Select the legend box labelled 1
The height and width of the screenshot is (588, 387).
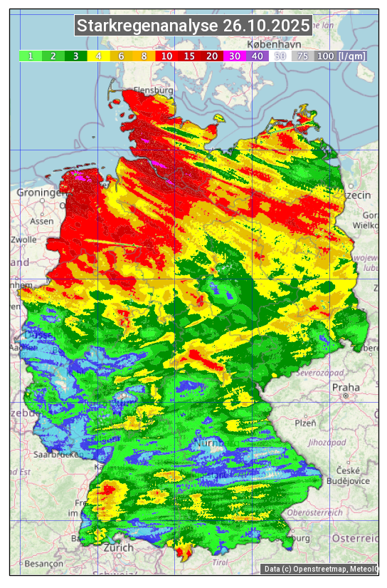coord(31,56)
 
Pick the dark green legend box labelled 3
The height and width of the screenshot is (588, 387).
coord(76,56)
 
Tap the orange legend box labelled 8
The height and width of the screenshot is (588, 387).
coord(144,56)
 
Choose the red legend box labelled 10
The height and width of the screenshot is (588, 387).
coord(166,56)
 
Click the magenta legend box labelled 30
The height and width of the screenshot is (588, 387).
coord(234,56)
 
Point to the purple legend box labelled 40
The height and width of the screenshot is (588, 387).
coord(257,56)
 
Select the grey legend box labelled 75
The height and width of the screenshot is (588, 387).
coord(302,56)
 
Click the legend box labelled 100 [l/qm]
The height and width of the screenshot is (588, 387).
coord(341,56)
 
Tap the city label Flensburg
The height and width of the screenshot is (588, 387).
coord(154,91)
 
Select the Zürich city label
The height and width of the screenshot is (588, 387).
coord(118,547)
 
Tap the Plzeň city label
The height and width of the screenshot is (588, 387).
coord(305,423)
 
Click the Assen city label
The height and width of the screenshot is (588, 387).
coord(42,221)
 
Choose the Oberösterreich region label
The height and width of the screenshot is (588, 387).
coord(315,512)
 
